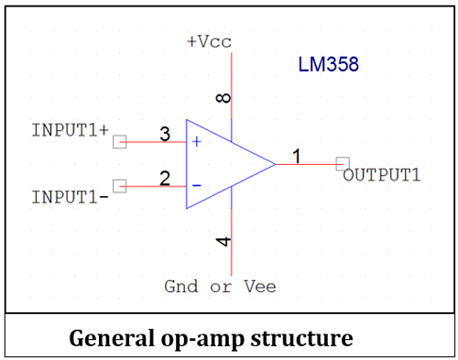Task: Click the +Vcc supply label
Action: tap(211, 42)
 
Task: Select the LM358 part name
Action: tap(328, 65)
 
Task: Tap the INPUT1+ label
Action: tap(70, 129)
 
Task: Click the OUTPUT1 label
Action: tap(382, 175)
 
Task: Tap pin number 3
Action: tap(165, 135)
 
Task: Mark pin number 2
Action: tap(165, 179)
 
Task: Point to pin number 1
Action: tap(296, 157)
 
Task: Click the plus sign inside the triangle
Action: tap(196, 142)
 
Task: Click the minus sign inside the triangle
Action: tap(196, 186)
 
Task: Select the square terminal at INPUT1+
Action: tap(118, 142)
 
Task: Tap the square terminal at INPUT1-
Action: tap(118, 186)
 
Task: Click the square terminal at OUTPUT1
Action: tap(342, 164)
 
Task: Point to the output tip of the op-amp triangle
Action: tap(275, 164)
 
